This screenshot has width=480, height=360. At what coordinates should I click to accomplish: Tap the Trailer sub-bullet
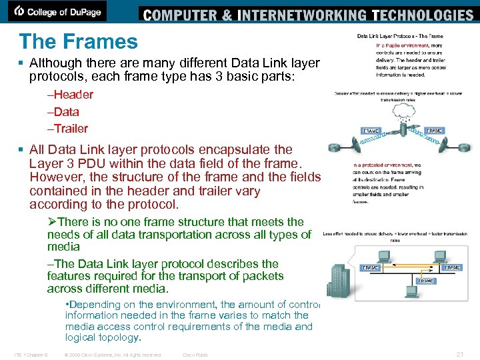tap(69, 129)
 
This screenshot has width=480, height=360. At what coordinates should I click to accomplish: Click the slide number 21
tap(459, 354)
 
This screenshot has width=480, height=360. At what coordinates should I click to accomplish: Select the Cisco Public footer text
tap(195, 355)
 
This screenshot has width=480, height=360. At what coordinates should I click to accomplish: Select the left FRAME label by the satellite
tap(371, 131)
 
